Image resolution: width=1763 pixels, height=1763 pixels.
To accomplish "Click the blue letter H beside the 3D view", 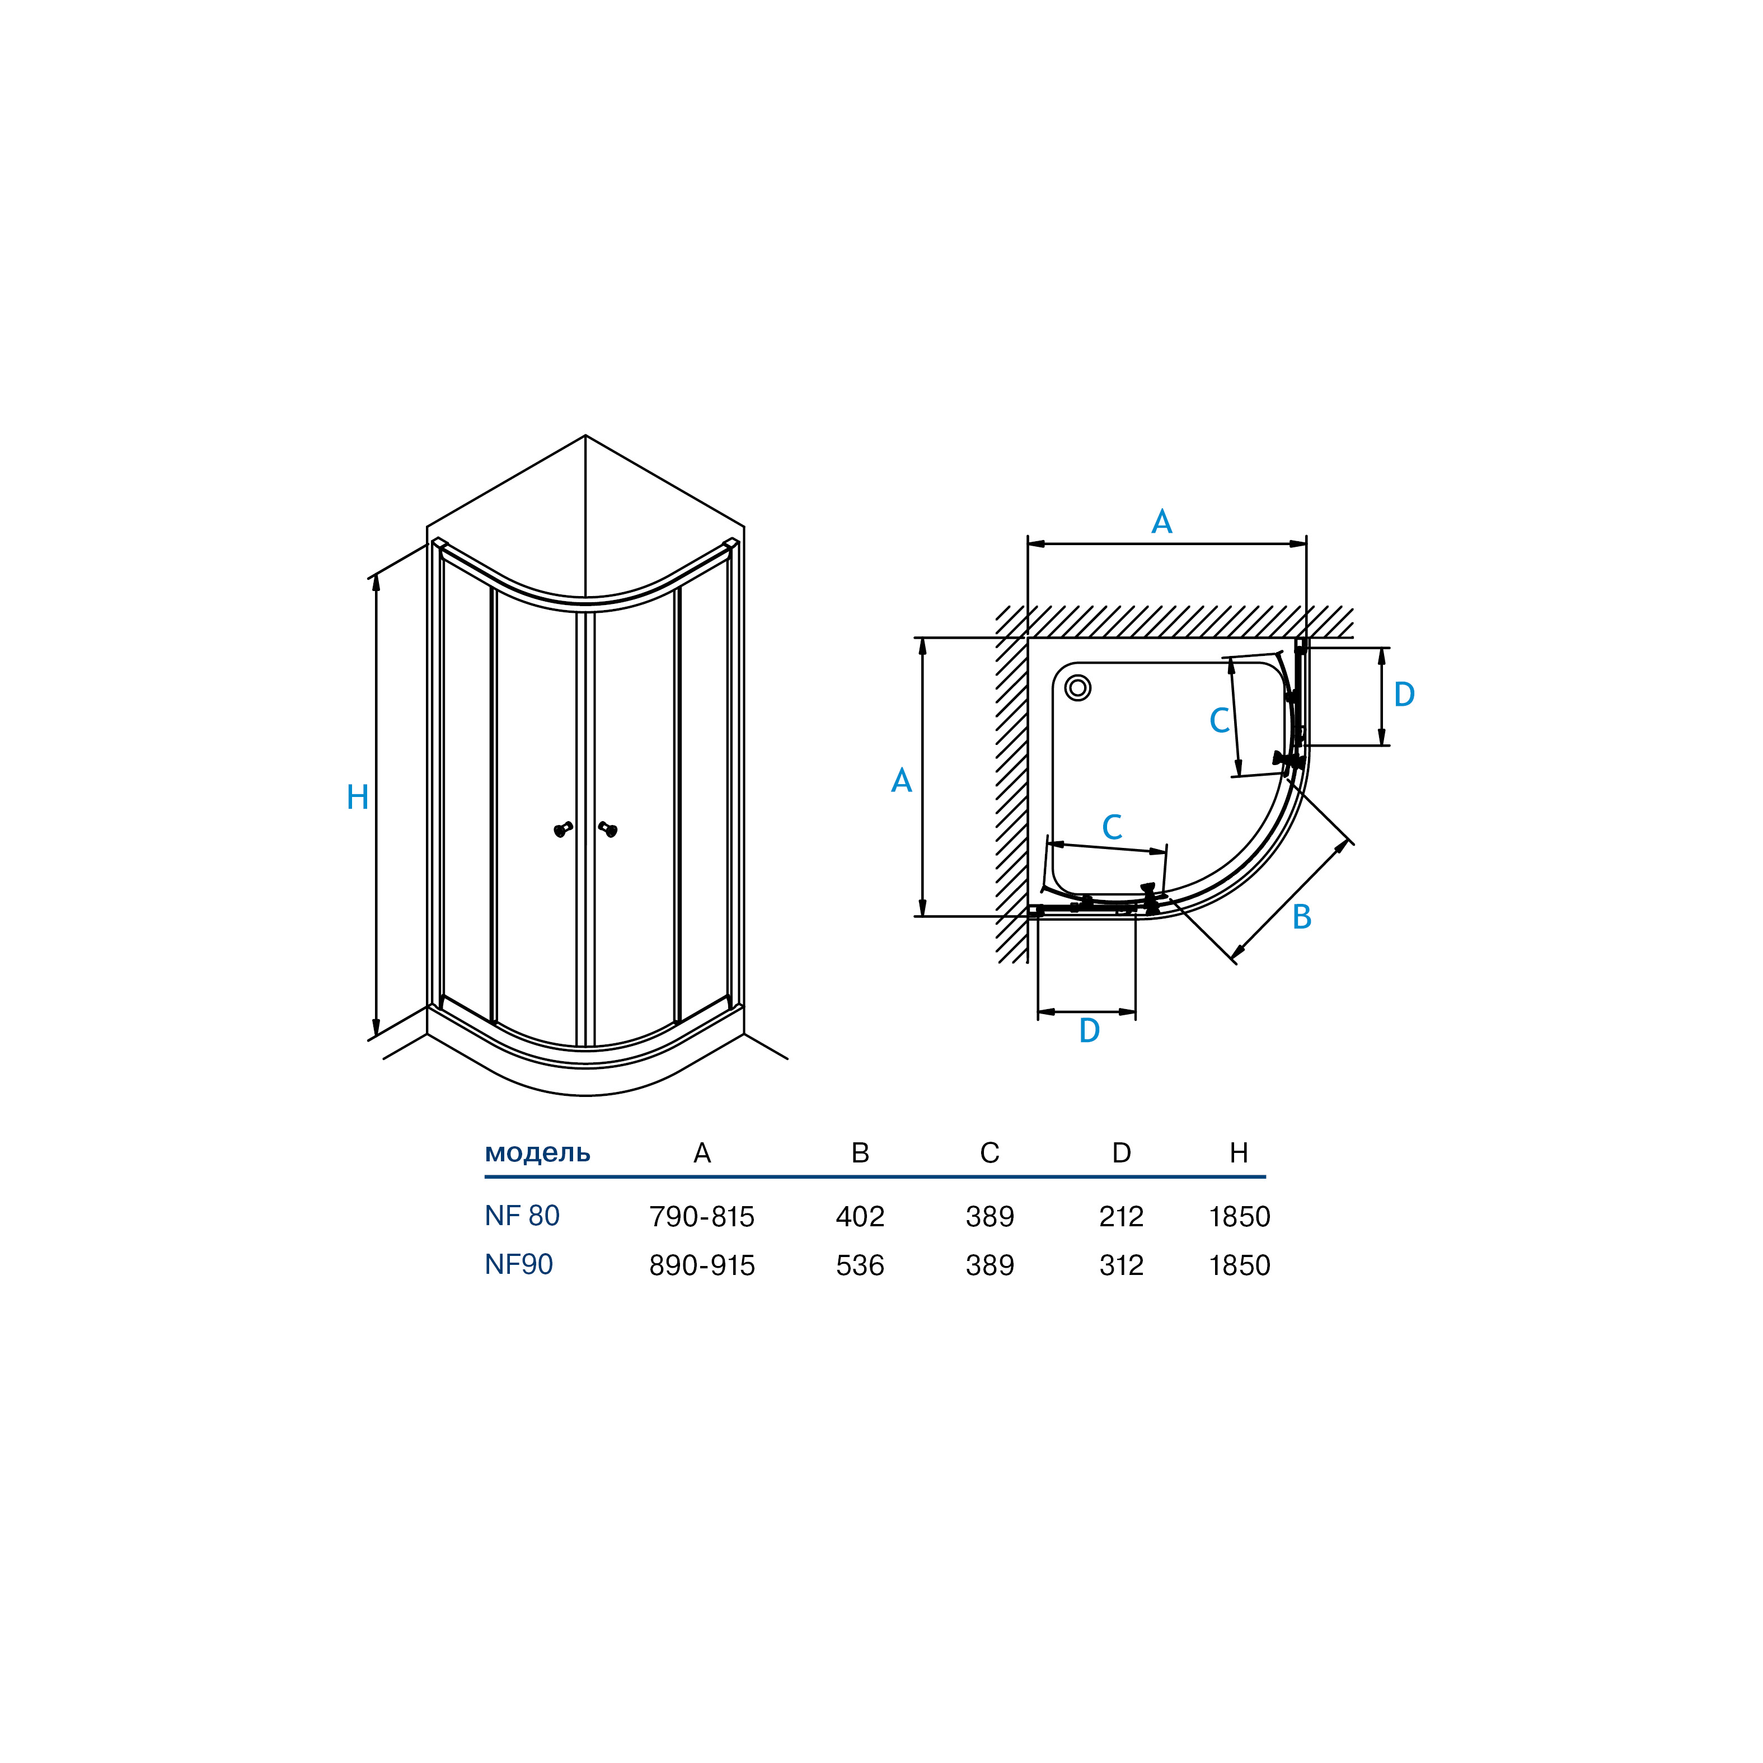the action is click(358, 798).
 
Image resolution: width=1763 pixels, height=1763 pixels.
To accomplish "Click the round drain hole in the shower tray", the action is click(1078, 688).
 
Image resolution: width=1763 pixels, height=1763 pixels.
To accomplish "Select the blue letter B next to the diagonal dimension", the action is click(1302, 917).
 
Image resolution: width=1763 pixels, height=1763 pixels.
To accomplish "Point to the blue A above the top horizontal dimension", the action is click(1162, 522).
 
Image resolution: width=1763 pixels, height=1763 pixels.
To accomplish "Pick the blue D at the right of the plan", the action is click(1404, 695).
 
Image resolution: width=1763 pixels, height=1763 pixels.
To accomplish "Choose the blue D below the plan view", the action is click(1090, 1030).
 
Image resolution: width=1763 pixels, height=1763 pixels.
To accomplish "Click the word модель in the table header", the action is click(537, 1154).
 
